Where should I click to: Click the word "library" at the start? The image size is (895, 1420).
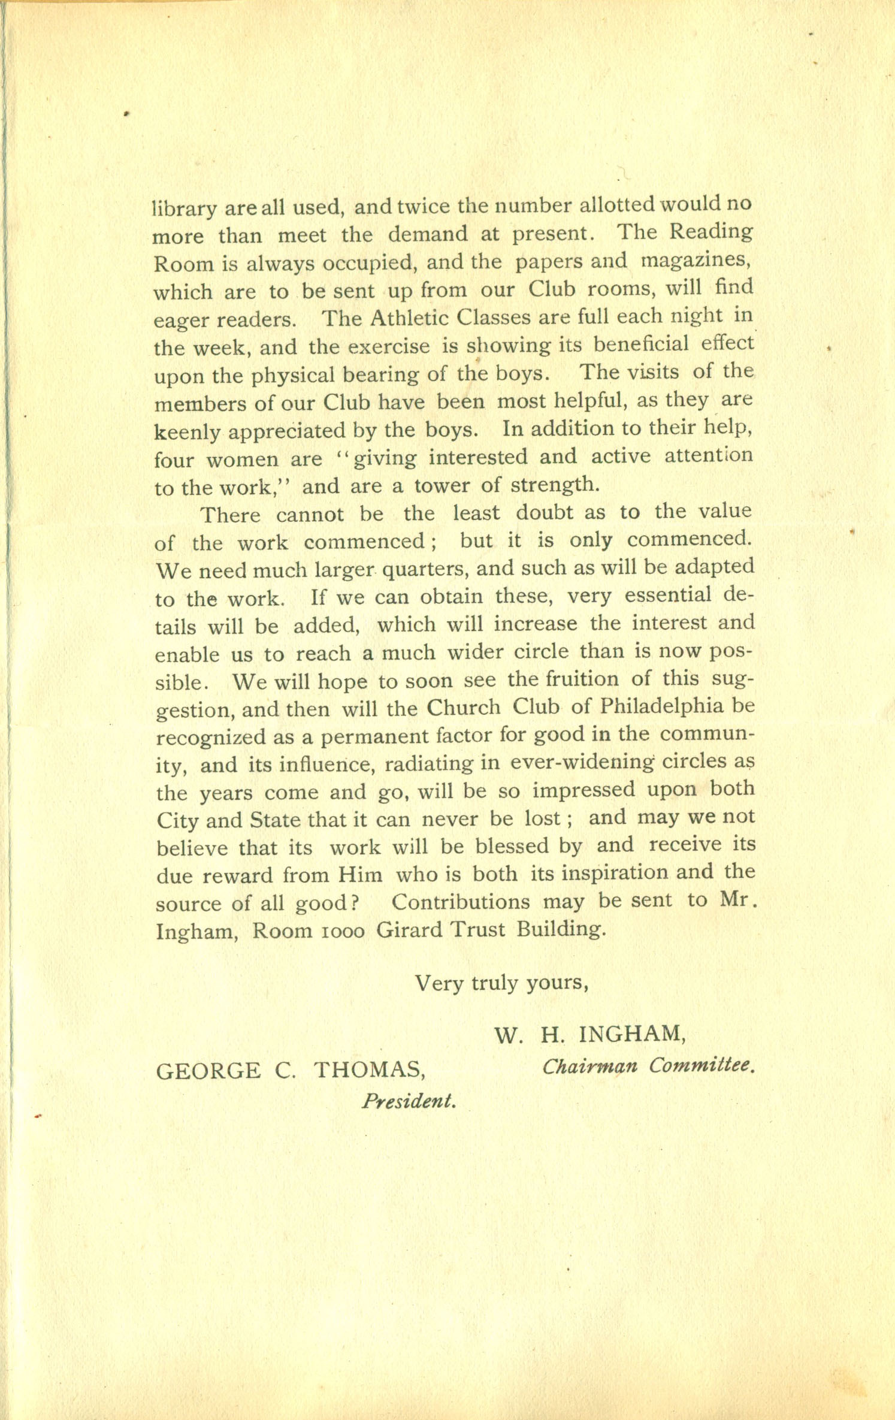tap(184, 209)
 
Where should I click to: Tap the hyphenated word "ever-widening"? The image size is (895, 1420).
tap(581, 762)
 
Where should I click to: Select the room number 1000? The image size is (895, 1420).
tap(343, 930)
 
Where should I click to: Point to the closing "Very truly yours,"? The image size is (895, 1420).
tap(501, 983)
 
